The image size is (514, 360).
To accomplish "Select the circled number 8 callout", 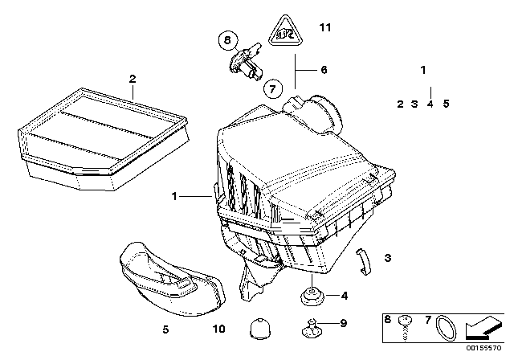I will pyautogui.click(x=227, y=39).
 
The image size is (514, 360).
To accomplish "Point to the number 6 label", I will pyautogui.click(x=324, y=70).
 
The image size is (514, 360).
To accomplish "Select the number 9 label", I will pyautogui.click(x=343, y=324).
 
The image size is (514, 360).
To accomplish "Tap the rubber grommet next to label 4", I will pyautogui.click(x=308, y=298).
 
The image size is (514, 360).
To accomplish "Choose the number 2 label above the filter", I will pyautogui.click(x=133, y=78).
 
